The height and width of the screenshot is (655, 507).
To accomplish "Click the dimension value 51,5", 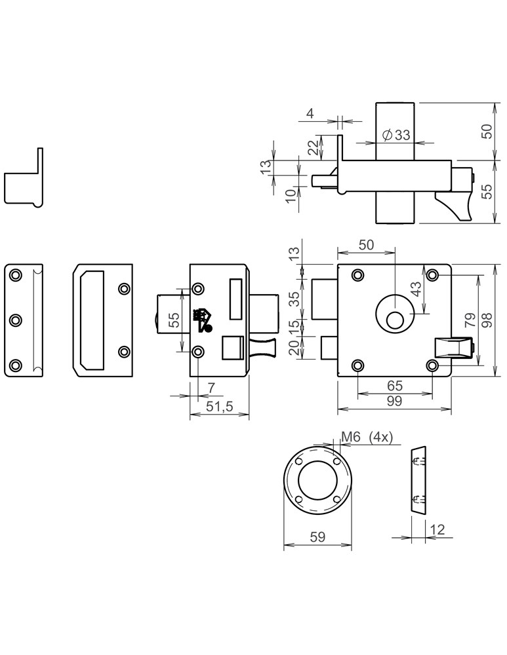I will (219, 405).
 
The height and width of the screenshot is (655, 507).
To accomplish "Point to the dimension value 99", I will (394, 401).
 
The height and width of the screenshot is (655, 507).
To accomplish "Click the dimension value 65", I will (395, 386).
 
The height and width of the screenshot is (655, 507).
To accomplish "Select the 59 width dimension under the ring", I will (317, 536).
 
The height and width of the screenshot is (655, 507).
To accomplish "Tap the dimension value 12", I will (437, 529).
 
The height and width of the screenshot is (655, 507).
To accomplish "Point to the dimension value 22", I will (314, 147).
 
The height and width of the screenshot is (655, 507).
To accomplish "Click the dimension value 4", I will (310, 114).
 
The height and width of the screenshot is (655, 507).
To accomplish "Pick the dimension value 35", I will (294, 299).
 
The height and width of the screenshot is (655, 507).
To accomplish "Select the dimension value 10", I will (289, 195).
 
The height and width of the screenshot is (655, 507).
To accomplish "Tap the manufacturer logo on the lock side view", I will (203, 320).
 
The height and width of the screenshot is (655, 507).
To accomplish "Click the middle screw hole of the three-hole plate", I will (16, 320).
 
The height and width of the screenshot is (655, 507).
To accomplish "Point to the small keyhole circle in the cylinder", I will (394, 320).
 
